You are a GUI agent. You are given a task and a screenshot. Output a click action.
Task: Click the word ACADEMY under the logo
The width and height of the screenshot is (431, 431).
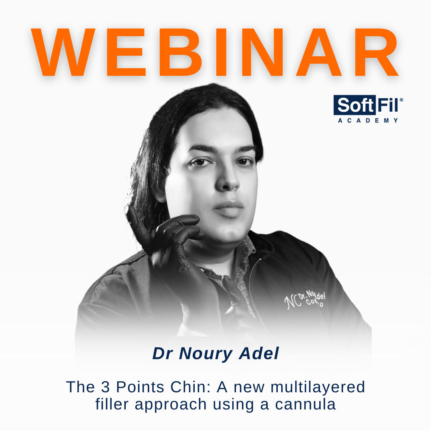pyautogui.click(x=368, y=121)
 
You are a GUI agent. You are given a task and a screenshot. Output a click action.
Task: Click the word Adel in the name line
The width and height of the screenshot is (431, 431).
pyautogui.click(x=260, y=354)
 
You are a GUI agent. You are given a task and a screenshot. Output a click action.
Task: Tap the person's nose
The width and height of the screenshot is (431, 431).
pyautogui.click(x=228, y=182)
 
